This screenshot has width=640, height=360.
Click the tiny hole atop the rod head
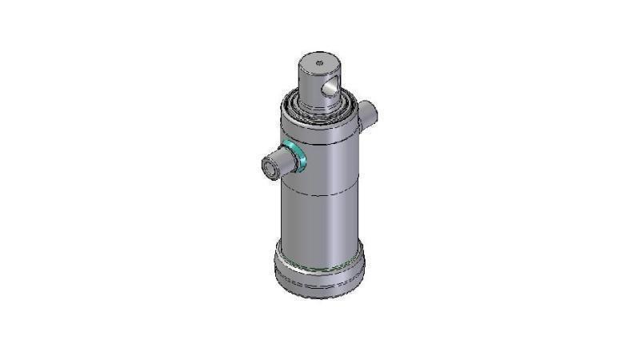[x=318, y=62]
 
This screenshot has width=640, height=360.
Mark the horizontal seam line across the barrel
[x=320, y=194]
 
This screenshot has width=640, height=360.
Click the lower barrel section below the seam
[x=320, y=220]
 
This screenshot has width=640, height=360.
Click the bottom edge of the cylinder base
[x=320, y=297]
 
